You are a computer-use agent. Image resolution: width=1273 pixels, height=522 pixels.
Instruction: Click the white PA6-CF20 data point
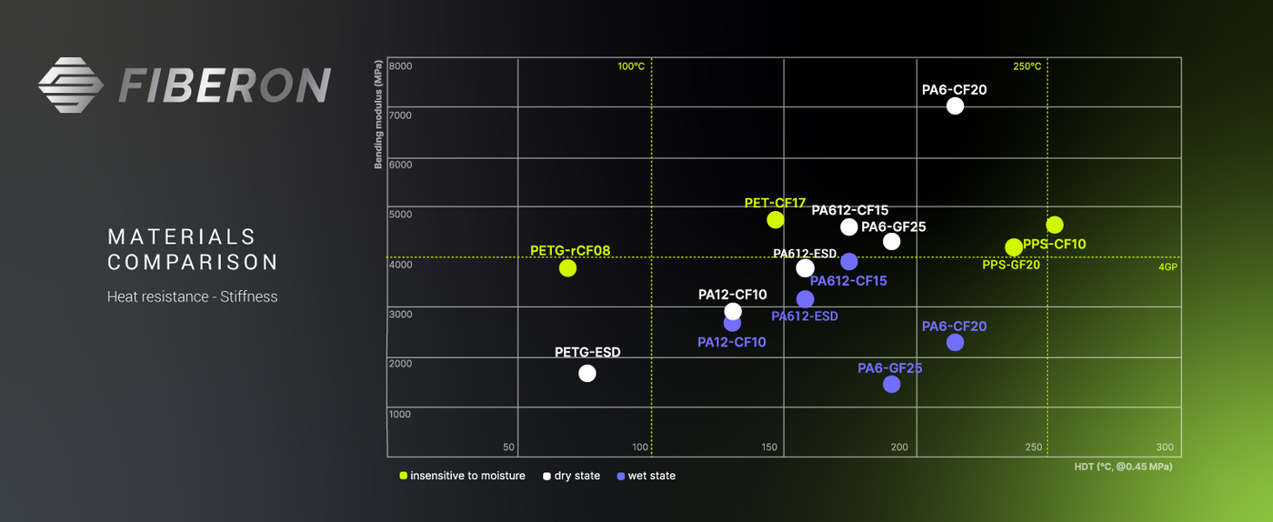point(955,105)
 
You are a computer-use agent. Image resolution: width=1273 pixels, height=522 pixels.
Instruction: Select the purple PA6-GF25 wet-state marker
point(891,384)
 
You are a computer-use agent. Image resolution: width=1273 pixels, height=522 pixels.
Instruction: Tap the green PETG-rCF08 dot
point(567,268)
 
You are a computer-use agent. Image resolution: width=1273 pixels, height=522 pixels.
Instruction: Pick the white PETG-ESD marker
point(587,373)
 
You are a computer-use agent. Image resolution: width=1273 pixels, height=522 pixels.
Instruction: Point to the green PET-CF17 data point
point(776,219)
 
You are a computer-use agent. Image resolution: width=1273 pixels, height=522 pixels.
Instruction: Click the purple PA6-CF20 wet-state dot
point(955,342)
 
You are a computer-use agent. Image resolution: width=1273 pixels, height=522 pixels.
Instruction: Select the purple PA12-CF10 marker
point(732,323)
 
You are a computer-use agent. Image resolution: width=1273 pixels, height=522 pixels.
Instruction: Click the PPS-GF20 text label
point(1011,265)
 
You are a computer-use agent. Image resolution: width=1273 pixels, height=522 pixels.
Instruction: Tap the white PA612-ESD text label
point(805,254)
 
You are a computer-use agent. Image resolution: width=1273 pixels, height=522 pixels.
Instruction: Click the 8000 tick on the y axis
point(400,66)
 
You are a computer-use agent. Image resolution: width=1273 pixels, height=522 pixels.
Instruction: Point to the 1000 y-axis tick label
point(400,415)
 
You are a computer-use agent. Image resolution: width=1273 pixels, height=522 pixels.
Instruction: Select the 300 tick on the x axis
point(1165,447)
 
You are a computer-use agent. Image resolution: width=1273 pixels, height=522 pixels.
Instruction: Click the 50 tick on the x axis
point(509,447)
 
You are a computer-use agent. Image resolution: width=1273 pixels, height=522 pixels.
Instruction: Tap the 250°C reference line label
point(1027,66)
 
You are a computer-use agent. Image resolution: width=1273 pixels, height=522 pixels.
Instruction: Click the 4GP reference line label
point(1168,267)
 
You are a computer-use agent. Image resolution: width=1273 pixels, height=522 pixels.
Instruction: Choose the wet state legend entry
point(647,476)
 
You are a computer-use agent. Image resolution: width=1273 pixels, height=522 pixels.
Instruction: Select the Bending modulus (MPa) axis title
point(377,115)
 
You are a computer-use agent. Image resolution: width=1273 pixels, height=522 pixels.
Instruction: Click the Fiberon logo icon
point(72,85)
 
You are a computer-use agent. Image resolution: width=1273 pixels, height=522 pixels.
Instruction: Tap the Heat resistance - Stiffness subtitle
point(193,296)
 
